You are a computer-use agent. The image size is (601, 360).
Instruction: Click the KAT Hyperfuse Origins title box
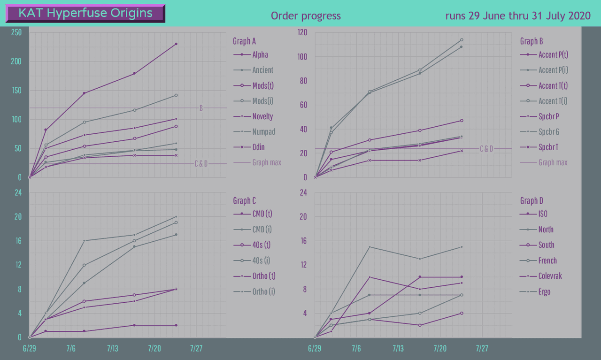(x=85, y=14)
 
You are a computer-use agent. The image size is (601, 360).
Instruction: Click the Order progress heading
(x=306, y=16)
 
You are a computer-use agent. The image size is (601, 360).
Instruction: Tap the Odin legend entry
(x=258, y=147)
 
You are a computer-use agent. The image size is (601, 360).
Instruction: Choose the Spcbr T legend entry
(x=548, y=147)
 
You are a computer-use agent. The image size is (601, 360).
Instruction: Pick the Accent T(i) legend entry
(x=553, y=101)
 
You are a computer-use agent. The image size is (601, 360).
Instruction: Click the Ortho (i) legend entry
(x=263, y=291)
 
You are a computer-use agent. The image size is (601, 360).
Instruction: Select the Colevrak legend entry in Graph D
(x=550, y=276)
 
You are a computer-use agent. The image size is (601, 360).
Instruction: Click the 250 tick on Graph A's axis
(x=16, y=32)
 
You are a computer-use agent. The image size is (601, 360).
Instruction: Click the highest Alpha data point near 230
(x=176, y=44)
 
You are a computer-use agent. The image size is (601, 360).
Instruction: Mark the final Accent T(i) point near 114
(x=462, y=40)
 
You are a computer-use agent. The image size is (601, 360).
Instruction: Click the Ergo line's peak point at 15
(x=370, y=247)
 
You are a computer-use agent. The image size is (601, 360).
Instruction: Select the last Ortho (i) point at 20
(x=176, y=217)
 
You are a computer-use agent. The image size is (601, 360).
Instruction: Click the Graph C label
(x=245, y=201)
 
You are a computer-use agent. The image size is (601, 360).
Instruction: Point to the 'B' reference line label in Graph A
(x=201, y=108)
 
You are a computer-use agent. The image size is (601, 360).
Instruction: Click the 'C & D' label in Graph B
(x=486, y=149)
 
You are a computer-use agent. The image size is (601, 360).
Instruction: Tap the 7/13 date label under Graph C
(x=113, y=349)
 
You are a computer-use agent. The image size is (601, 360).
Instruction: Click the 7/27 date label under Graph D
(x=482, y=349)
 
